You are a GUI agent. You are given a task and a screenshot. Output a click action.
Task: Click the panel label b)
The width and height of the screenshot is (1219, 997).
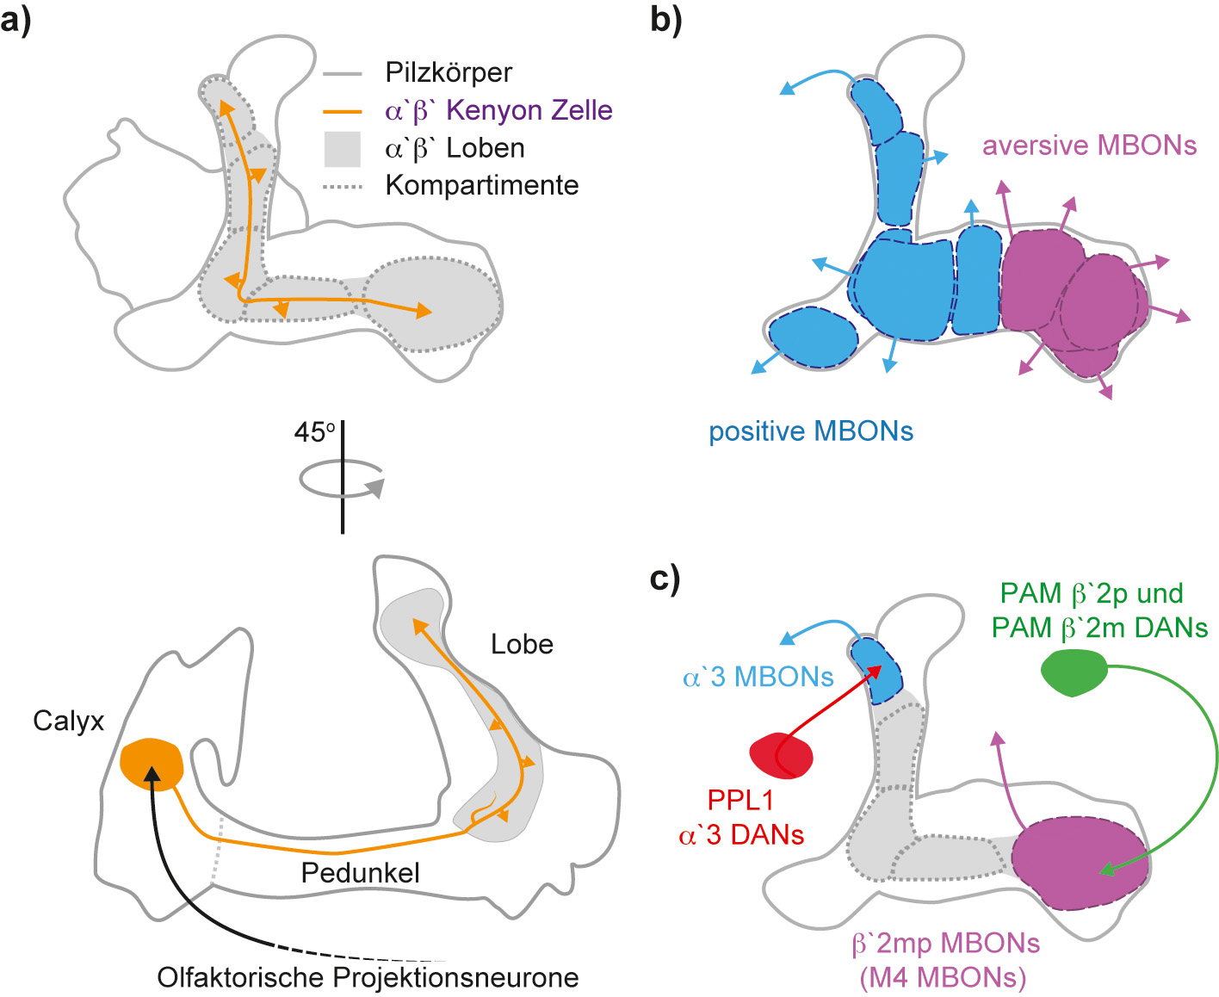(x=665, y=19)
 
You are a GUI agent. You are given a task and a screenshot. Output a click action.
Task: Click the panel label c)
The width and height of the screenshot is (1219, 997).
(x=665, y=579)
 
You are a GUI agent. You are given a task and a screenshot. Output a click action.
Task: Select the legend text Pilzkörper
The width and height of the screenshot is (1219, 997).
(x=449, y=72)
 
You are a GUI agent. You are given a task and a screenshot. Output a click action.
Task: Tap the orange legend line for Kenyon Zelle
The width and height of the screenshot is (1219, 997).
(x=342, y=111)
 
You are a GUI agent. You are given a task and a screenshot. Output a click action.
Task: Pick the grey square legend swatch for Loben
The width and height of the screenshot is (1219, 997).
(x=342, y=148)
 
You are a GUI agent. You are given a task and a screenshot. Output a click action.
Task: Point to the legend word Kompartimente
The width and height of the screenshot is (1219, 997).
(x=481, y=185)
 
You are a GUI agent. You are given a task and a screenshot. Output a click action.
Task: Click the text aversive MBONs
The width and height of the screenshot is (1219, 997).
(x=1089, y=146)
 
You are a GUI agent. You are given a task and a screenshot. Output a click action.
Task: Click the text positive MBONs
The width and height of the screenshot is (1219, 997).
(x=810, y=431)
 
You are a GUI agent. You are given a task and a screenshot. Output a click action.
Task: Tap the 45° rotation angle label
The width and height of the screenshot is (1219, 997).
(x=314, y=432)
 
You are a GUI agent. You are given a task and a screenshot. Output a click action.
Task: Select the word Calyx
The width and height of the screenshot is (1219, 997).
(x=68, y=721)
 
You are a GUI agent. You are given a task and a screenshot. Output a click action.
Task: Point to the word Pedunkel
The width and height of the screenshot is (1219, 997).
(x=360, y=873)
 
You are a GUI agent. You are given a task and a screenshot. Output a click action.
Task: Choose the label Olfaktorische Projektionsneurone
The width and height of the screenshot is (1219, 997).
(x=368, y=978)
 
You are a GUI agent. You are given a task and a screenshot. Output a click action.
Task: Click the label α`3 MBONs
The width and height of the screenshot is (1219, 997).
(x=758, y=678)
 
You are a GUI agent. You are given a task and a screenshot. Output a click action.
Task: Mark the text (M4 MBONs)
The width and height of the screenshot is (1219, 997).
(x=943, y=978)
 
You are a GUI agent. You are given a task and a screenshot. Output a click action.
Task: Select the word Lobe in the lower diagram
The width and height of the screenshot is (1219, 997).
(x=522, y=644)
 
